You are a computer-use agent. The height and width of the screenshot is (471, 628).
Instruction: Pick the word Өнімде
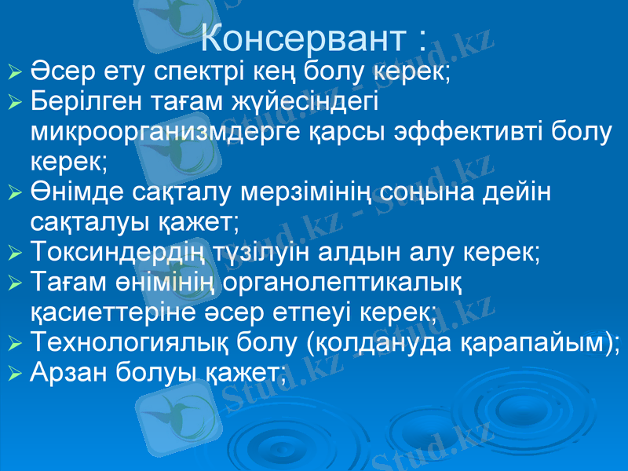point(71,192)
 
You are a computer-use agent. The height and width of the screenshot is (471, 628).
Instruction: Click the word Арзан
point(65,371)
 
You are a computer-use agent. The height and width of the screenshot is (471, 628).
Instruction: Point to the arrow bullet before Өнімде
point(13,192)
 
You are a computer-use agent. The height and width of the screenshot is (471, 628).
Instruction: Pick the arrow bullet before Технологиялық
point(13,342)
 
